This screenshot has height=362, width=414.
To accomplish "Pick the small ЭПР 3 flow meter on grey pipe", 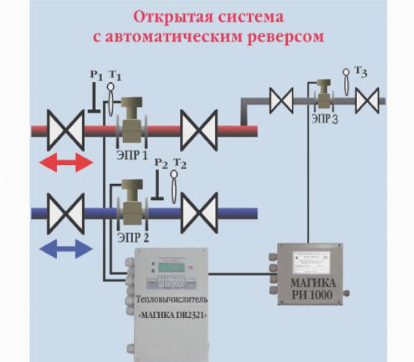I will point(324,95).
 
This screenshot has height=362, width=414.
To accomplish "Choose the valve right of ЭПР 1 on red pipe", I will point(198,128).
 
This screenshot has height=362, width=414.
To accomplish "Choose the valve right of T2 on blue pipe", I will point(198,213).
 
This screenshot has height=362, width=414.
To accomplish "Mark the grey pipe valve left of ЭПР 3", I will point(280,101).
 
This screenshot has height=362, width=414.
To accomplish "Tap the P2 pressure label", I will point(160,163).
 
